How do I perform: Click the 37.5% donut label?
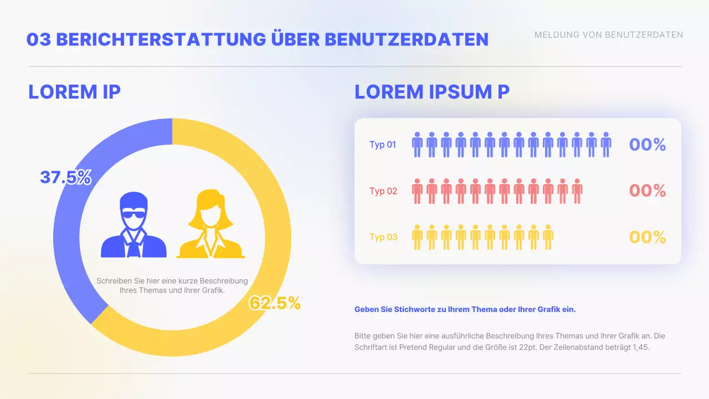point(65,177)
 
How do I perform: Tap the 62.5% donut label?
point(275,303)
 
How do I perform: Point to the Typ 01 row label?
point(383,145)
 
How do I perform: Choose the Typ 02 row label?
point(383,191)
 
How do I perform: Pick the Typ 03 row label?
point(383,237)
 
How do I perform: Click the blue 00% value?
point(647,145)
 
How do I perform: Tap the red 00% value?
point(647,191)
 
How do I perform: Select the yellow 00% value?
point(647,237)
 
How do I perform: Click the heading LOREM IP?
point(74,92)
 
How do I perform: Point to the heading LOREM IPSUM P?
point(431,92)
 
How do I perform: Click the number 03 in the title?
point(39,39)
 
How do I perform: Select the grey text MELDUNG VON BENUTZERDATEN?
point(608,35)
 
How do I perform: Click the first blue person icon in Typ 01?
point(417,145)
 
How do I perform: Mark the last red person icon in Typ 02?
point(577,191)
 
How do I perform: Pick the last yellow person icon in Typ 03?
point(548,237)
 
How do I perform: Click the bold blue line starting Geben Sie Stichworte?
point(465,310)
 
